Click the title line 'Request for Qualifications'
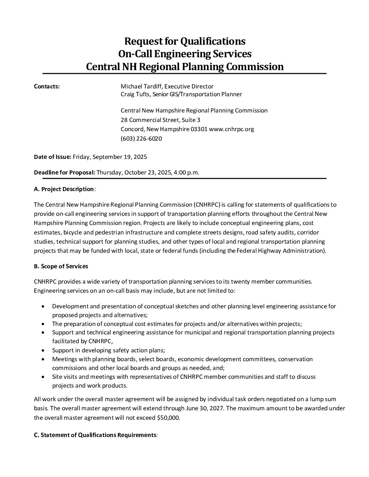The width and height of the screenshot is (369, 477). pyautogui.click(x=185, y=41)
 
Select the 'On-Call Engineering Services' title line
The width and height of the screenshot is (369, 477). pyautogui.click(x=185, y=54)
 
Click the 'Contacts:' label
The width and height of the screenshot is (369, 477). pyautogui.click(x=47, y=86)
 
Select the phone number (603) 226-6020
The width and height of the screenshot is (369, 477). pyautogui.click(x=141, y=139)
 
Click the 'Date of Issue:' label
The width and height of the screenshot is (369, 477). pyautogui.click(x=53, y=157)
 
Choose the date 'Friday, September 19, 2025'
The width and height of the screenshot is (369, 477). pyautogui.click(x=110, y=157)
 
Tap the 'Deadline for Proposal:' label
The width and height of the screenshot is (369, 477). pyautogui.click(x=64, y=172)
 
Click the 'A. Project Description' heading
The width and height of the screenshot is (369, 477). pyautogui.click(x=64, y=189)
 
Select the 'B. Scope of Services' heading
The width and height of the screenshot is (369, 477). pyautogui.click(x=61, y=266)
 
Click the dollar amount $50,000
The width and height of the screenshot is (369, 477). pyautogui.click(x=169, y=418)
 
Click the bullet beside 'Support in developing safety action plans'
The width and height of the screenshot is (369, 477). pyautogui.click(x=42, y=350)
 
